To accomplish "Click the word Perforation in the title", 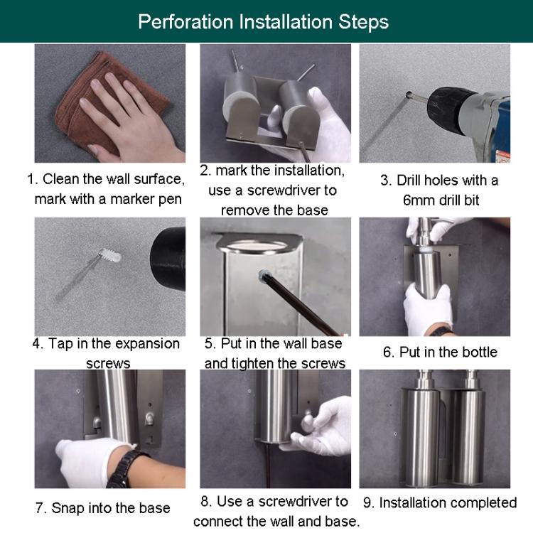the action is [x=185, y=22].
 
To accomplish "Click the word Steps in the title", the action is [x=363, y=23].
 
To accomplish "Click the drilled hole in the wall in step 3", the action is [x=409, y=94].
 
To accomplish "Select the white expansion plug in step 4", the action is [x=109, y=256].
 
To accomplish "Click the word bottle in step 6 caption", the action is [x=478, y=352].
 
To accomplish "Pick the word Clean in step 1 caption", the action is [x=61, y=179].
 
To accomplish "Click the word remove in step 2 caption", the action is [x=245, y=211].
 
